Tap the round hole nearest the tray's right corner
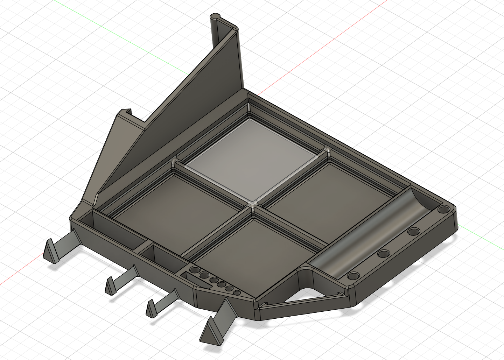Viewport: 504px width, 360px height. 444,210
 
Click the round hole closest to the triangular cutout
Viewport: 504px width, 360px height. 353,276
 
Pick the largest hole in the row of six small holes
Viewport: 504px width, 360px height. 195,270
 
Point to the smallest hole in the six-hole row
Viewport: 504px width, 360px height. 237,292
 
